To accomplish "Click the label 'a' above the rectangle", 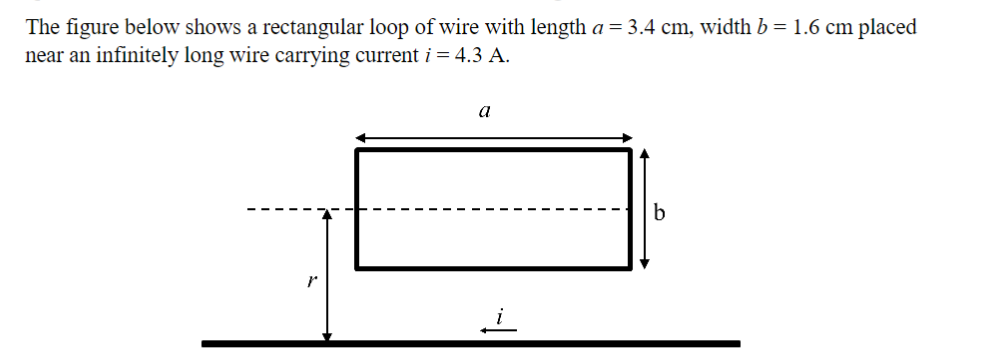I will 485,113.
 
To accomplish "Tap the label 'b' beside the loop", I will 658,212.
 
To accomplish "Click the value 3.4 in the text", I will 640,27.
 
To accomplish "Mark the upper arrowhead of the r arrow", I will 326,214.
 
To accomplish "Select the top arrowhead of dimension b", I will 645,153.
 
